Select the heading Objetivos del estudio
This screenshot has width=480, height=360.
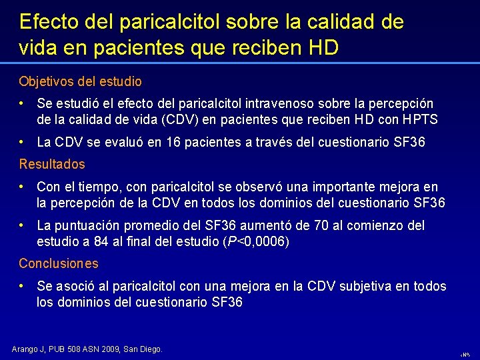[x=80, y=81]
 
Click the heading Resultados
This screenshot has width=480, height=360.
[x=52, y=164]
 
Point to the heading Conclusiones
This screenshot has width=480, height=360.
[x=59, y=263]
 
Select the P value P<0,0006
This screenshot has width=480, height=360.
[x=257, y=241]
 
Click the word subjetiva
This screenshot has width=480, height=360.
[x=369, y=286]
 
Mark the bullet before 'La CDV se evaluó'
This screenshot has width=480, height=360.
[x=23, y=141]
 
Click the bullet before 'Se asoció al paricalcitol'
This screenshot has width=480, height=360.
[x=23, y=285]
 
